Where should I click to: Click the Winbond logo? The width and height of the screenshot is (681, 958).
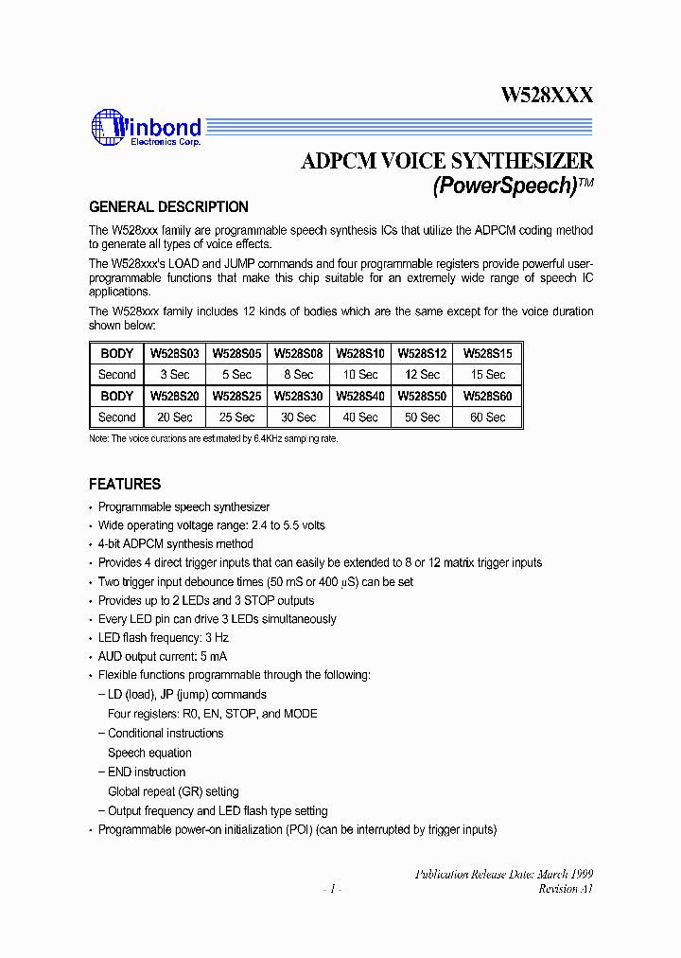tap(146, 129)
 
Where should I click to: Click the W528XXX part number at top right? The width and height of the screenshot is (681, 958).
tap(547, 95)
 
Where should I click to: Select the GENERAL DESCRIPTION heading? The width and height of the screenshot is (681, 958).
tap(168, 207)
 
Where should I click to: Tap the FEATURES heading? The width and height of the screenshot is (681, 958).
tap(125, 484)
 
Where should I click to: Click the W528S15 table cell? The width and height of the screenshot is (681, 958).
tap(487, 353)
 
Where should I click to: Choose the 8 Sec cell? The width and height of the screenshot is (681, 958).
tap(299, 375)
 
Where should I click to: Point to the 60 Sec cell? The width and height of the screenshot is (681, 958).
tap(487, 417)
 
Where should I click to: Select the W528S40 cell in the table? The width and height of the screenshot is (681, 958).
tap(360, 397)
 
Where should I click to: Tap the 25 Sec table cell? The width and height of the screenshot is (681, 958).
tap(237, 417)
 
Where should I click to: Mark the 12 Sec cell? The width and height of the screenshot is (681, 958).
tap(424, 375)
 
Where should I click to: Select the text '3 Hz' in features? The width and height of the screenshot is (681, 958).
tap(217, 638)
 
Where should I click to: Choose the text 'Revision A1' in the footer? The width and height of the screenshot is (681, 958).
tap(566, 889)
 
